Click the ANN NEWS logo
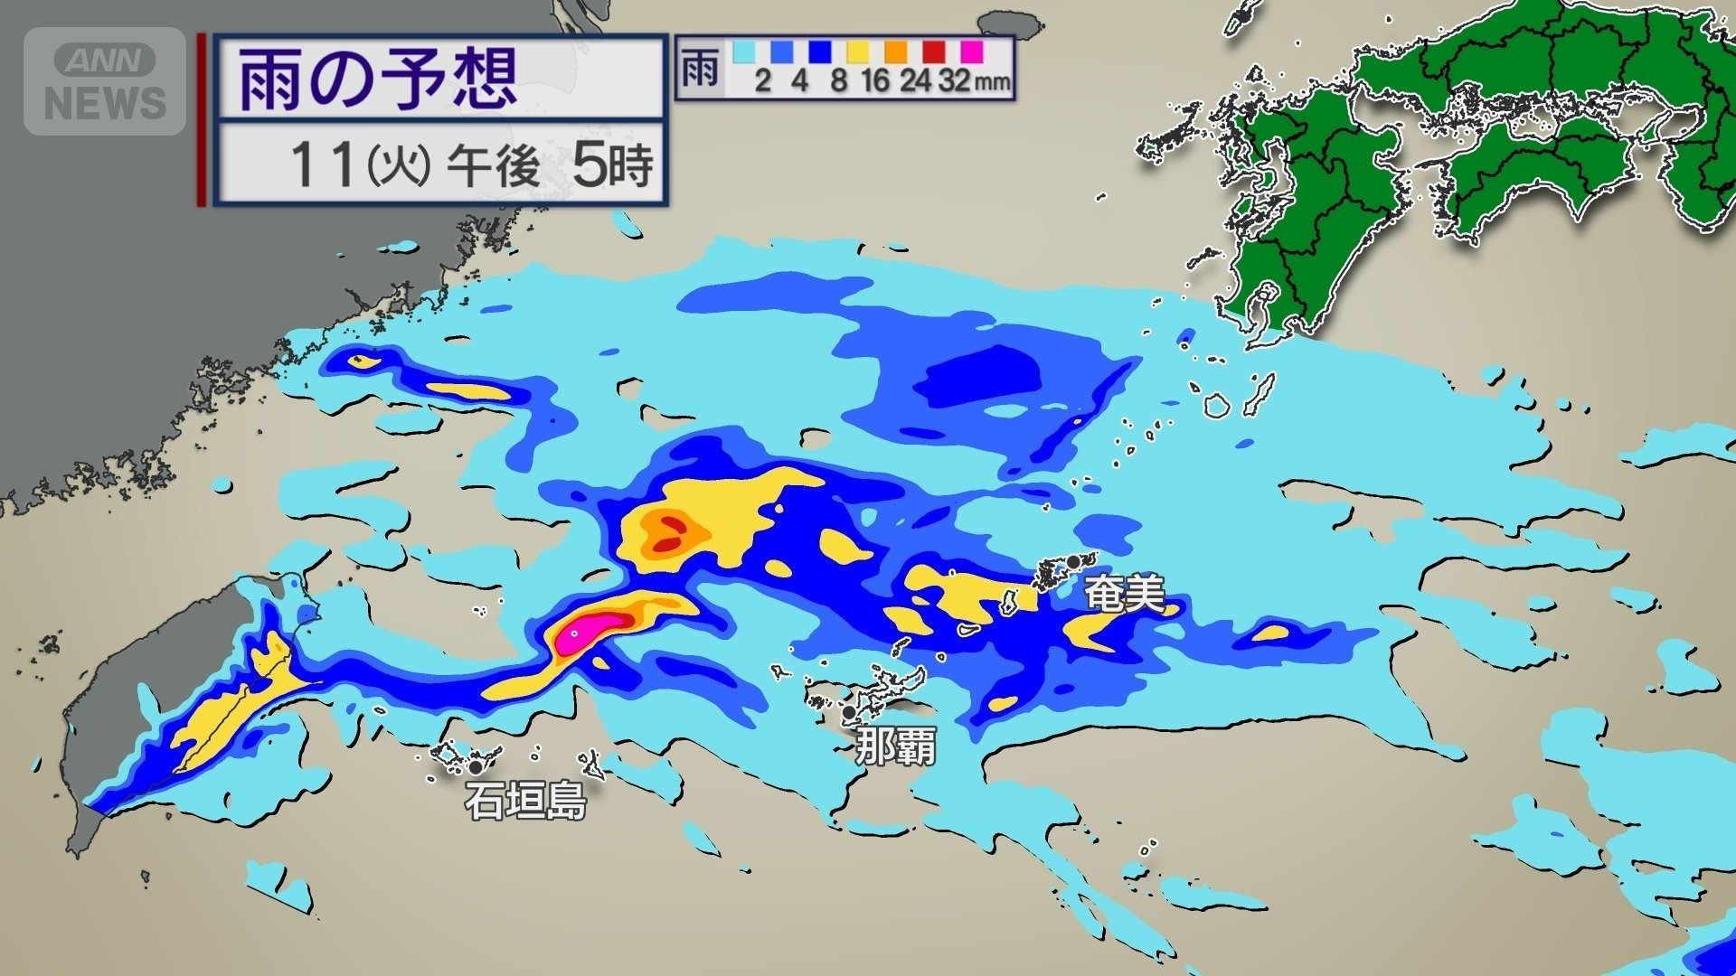pos(105,81)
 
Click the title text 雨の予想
pos(378,80)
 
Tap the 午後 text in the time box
pos(494,165)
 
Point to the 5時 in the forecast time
pos(612,164)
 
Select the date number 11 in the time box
pos(321,165)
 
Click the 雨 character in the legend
pos(699,68)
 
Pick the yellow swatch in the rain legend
pos(858,51)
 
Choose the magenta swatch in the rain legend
pos(972,51)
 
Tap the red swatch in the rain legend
pos(934,51)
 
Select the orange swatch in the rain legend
pos(896,51)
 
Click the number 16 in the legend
pos(875,81)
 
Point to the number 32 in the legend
pos(955,81)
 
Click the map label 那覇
pos(895,746)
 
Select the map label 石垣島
pos(525,801)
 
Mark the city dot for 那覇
pos(849,712)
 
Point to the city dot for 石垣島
pos(475,767)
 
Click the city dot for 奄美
pos(1072,562)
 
